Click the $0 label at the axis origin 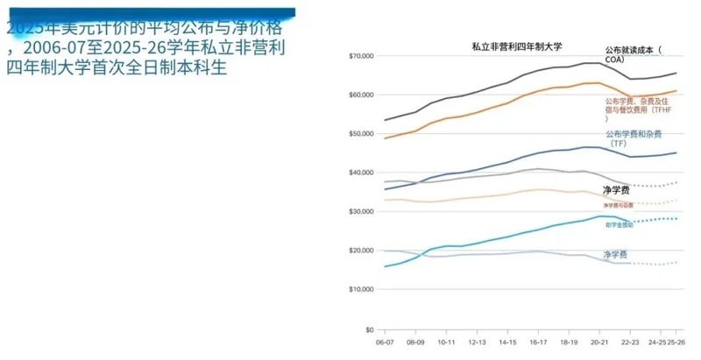click(x=370, y=329)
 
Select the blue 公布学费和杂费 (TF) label click(x=633, y=138)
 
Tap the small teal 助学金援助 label click(x=620, y=225)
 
